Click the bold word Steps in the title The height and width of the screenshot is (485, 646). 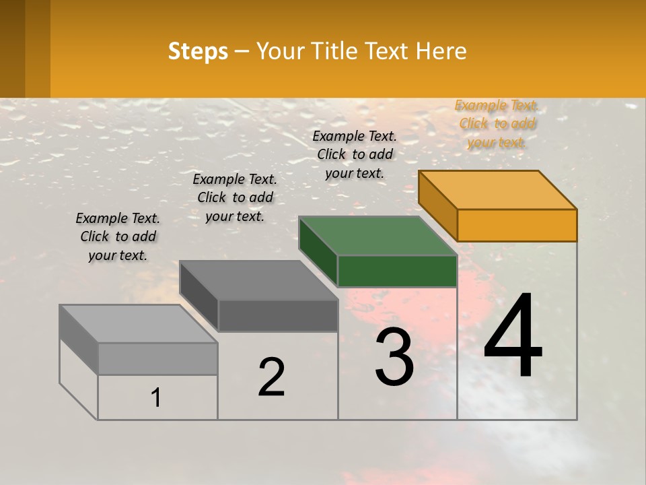(x=198, y=51)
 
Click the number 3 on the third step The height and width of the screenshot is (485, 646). (x=394, y=356)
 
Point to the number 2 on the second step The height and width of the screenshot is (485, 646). (x=272, y=377)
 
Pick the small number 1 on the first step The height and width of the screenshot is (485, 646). (x=156, y=397)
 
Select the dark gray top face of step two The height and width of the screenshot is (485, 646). (x=258, y=280)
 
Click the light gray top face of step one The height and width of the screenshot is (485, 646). (x=139, y=323)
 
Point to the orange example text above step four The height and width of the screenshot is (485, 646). (x=497, y=123)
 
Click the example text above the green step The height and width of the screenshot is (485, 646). (x=355, y=154)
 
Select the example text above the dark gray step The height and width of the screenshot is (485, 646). (x=235, y=197)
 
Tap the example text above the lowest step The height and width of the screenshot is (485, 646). (x=118, y=236)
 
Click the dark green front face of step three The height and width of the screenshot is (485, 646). (x=397, y=271)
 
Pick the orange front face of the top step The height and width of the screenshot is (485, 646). (x=517, y=225)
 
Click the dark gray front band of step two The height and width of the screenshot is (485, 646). (x=278, y=315)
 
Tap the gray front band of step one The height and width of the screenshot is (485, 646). (x=157, y=358)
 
